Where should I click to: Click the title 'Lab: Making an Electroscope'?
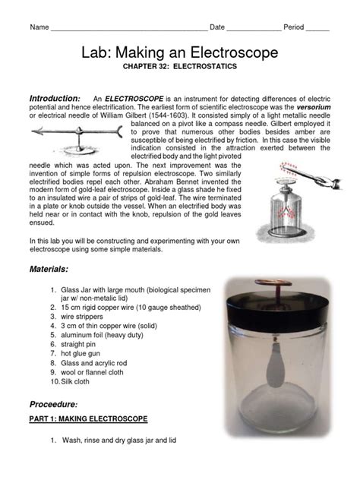tap(179, 52)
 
